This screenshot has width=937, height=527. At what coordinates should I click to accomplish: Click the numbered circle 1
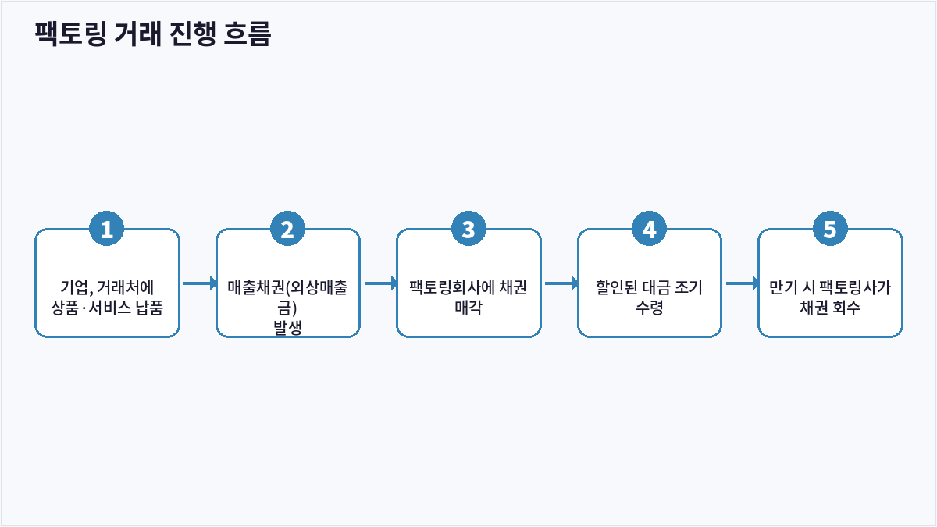coord(107,229)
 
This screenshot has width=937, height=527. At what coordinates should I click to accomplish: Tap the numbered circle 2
coord(287,229)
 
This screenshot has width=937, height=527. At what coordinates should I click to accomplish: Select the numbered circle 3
coord(468,229)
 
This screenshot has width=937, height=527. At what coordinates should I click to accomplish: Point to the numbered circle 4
coord(649,229)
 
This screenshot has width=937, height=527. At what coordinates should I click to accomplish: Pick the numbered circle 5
coord(830,229)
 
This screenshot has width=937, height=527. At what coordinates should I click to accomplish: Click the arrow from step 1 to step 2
coord(200,283)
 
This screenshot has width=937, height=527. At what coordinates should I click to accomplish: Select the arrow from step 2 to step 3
coord(381,283)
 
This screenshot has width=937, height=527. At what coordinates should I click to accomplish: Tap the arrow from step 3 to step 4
coord(561,283)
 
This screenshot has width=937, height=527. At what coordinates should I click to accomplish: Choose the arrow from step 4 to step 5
coord(743,283)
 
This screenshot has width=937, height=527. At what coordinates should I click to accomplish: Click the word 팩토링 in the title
coord(70,34)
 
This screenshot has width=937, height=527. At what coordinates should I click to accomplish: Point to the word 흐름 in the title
coord(248,34)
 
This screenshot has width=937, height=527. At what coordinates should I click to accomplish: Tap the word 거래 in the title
coord(137,34)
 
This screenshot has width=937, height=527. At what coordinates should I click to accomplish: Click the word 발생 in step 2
coord(287,327)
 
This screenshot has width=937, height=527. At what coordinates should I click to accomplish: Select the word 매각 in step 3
coord(468,308)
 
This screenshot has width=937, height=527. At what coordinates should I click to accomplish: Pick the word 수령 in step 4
coord(649,308)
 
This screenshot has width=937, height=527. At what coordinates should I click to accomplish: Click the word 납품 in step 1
coord(149,308)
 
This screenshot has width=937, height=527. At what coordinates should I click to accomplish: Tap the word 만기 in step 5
coord(782,287)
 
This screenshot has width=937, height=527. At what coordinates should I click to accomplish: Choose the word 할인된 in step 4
coord(617,287)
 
